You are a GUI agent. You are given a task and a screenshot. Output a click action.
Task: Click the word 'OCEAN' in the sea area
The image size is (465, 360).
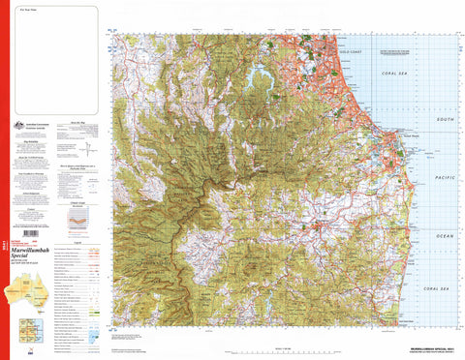[x=445, y=236]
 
